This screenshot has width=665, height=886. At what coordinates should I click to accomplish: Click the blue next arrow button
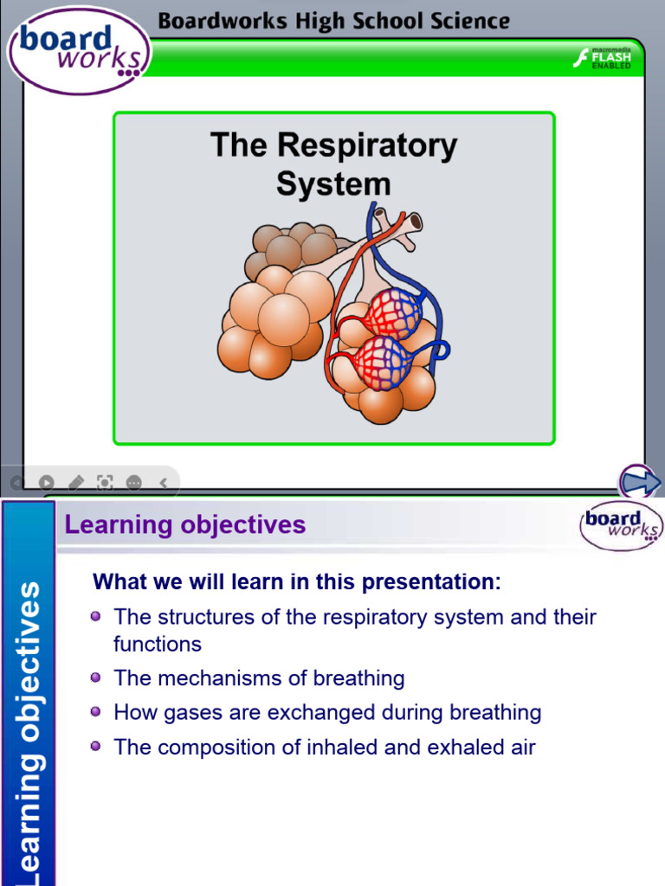coord(640,482)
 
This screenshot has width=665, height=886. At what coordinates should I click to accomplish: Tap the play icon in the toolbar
coord(47,482)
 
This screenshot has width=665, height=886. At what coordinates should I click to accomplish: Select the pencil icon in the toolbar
coord(76,482)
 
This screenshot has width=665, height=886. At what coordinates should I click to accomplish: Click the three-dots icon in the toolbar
coord(133,482)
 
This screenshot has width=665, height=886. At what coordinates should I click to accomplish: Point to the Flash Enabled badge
coord(603,59)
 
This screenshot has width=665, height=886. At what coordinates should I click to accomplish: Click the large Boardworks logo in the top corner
coord(79,49)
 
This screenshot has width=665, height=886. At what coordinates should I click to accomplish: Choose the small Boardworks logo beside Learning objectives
coord(620,525)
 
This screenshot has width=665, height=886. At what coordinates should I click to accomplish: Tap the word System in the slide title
coord(333,183)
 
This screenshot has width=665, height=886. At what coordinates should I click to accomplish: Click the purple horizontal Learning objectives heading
coord(185,524)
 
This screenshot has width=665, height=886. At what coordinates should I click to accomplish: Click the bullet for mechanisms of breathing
coord(96,677)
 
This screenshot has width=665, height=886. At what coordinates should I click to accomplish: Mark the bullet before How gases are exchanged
coord(96,712)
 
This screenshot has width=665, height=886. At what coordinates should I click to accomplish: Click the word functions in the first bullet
coord(157,644)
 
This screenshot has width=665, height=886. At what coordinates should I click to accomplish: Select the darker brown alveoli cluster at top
coord(290,246)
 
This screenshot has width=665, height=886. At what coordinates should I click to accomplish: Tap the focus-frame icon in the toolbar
coord(105,482)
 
